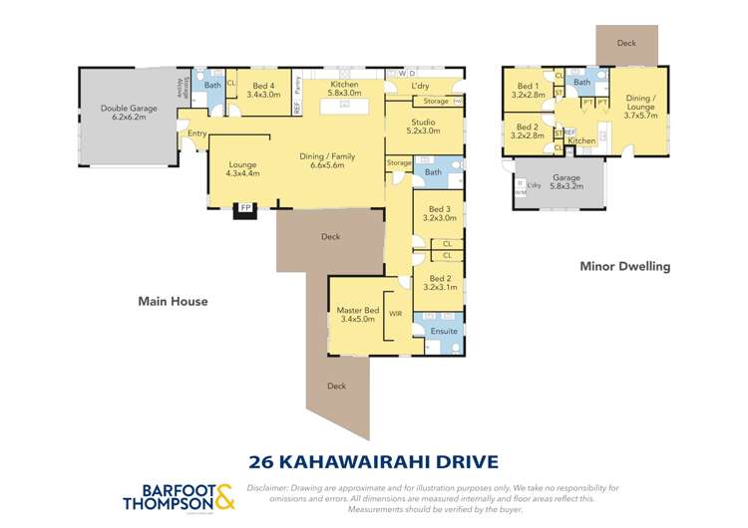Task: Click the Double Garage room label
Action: [127, 112]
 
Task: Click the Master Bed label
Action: [355, 315]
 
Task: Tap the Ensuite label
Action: [444, 331]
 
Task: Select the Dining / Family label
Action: [327, 160]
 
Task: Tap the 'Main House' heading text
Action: [174, 301]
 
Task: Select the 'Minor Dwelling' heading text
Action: [625, 267]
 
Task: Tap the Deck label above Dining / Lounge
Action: [626, 44]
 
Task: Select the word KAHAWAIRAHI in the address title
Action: [386, 460]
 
